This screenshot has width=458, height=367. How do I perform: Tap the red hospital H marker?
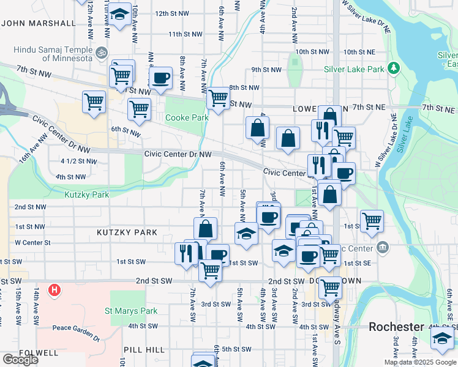click(x=55, y=289)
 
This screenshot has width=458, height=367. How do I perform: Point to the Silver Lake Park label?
click(x=351, y=70)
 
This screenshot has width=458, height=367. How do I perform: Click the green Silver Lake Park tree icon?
click(x=394, y=69)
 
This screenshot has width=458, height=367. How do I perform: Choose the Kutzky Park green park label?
click(x=86, y=195)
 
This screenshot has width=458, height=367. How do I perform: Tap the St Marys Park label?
click(x=134, y=311)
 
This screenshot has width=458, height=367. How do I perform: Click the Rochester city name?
click(x=397, y=327)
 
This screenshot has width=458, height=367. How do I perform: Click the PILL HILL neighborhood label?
click(x=144, y=349)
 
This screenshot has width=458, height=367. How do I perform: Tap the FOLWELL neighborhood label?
click(x=21, y=353)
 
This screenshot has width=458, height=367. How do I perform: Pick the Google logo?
click(x=20, y=360)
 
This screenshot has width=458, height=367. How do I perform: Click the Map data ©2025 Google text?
click(x=419, y=362)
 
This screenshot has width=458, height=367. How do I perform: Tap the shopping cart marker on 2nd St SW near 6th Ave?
click(x=211, y=270)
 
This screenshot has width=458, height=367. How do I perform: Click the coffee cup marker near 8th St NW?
click(x=161, y=78)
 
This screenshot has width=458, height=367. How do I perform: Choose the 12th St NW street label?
click(x=171, y=13)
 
